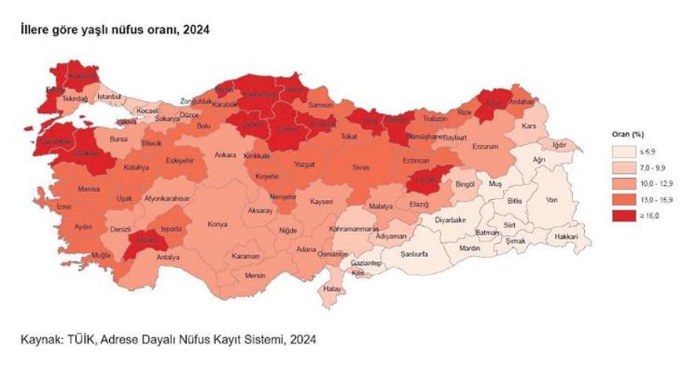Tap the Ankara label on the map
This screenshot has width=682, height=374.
(225, 155)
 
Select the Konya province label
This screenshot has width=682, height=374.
(217, 224)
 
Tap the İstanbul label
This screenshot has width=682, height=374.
(110, 96)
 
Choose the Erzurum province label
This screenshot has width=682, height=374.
(486, 146)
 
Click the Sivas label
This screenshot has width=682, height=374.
(359, 167)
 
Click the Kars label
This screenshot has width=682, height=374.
(529, 125)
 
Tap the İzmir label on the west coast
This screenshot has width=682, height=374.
(64, 207)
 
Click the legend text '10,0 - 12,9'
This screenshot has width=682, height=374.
(648, 183)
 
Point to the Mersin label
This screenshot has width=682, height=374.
(255, 276)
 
